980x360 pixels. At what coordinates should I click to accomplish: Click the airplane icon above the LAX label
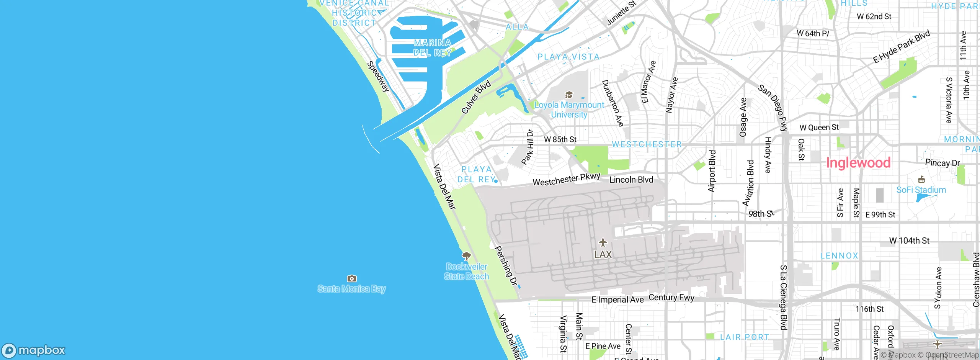point(603,242)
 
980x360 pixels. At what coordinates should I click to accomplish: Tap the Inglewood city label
point(858,163)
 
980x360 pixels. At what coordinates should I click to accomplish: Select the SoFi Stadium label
point(921,190)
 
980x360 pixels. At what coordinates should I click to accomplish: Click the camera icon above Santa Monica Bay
point(351,278)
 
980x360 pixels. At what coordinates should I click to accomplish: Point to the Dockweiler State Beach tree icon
point(466,256)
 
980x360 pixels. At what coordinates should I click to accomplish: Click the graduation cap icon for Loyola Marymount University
point(569,95)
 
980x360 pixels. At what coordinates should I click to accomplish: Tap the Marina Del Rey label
point(433,48)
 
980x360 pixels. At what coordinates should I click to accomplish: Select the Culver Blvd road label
point(476,98)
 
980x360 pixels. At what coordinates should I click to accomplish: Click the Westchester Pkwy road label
point(566,179)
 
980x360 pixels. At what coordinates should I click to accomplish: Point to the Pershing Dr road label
point(506,267)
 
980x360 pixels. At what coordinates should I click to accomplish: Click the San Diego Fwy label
point(773,108)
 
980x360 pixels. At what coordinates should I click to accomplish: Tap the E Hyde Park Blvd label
point(901,47)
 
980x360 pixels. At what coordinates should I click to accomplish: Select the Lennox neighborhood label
point(839,256)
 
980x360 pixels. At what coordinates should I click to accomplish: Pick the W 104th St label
point(909,241)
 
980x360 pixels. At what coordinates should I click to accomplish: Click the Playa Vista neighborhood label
point(568,57)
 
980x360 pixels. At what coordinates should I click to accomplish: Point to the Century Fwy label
point(671,298)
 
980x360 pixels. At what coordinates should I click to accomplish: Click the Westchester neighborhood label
point(647,144)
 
